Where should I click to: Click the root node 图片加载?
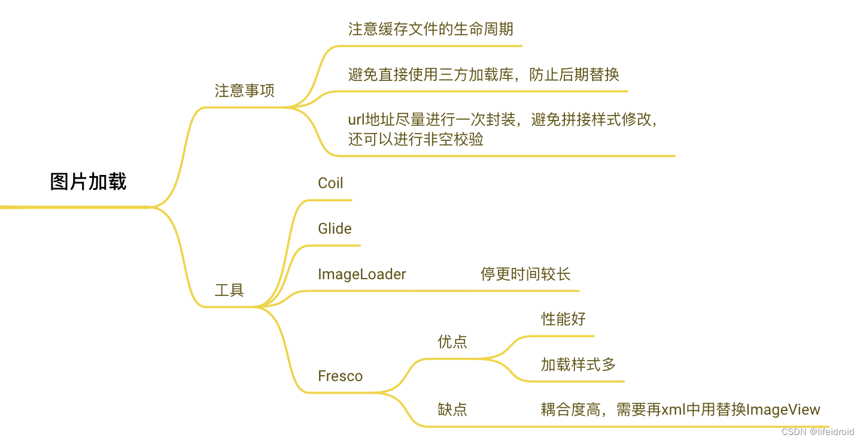click(88, 182)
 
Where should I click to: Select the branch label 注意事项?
click(244, 91)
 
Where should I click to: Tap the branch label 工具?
click(229, 291)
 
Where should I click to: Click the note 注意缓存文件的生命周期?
click(430, 29)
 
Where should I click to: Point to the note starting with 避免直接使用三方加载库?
click(483, 75)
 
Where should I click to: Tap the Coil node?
click(330, 183)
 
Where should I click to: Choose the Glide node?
click(335, 229)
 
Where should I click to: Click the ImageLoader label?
click(361, 274)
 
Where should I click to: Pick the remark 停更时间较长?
click(525, 274)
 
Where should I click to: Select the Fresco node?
click(340, 376)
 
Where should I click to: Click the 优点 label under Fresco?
click(452, 342)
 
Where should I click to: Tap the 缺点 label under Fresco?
click(452, 410)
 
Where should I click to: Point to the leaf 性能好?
click(563, 319)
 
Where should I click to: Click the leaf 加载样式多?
click(578, 364)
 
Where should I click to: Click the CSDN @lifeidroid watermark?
click(818, 431)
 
